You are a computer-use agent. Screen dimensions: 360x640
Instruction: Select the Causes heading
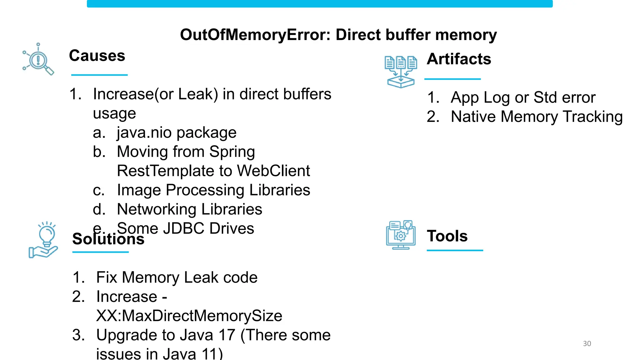[97, 56]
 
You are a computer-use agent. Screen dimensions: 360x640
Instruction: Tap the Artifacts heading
[459, 59]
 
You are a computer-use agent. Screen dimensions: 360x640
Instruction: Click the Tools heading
[447, 236]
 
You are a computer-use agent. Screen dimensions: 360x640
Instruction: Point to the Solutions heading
[108, 239]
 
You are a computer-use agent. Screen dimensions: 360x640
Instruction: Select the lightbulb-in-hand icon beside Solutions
[44, 240]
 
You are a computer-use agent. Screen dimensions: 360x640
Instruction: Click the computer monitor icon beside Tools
[401, 235]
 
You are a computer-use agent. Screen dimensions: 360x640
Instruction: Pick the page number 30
[587, 343]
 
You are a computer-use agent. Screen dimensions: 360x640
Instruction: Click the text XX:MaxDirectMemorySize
[189, 316]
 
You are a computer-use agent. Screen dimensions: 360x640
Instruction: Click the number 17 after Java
[227, 335]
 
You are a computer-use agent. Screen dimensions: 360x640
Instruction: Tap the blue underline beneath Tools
[455, 250]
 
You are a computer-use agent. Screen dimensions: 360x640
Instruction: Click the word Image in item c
[139, 190]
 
